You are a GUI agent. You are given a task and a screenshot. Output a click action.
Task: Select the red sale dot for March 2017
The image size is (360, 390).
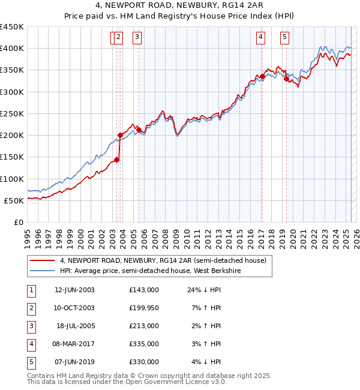click(x=262, y=76)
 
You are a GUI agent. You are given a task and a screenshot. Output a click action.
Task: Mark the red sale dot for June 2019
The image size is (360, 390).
click(x=286, y=79)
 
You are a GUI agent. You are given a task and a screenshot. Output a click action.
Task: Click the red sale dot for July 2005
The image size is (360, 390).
click(x=139, y=129)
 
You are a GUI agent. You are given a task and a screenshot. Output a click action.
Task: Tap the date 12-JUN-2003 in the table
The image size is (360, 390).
click(x=74, y=290)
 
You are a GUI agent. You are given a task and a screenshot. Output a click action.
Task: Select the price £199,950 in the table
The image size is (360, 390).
click(x=144, y=308)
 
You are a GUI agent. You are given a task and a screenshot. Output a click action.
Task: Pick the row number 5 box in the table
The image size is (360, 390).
click(x=31, y=362)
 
